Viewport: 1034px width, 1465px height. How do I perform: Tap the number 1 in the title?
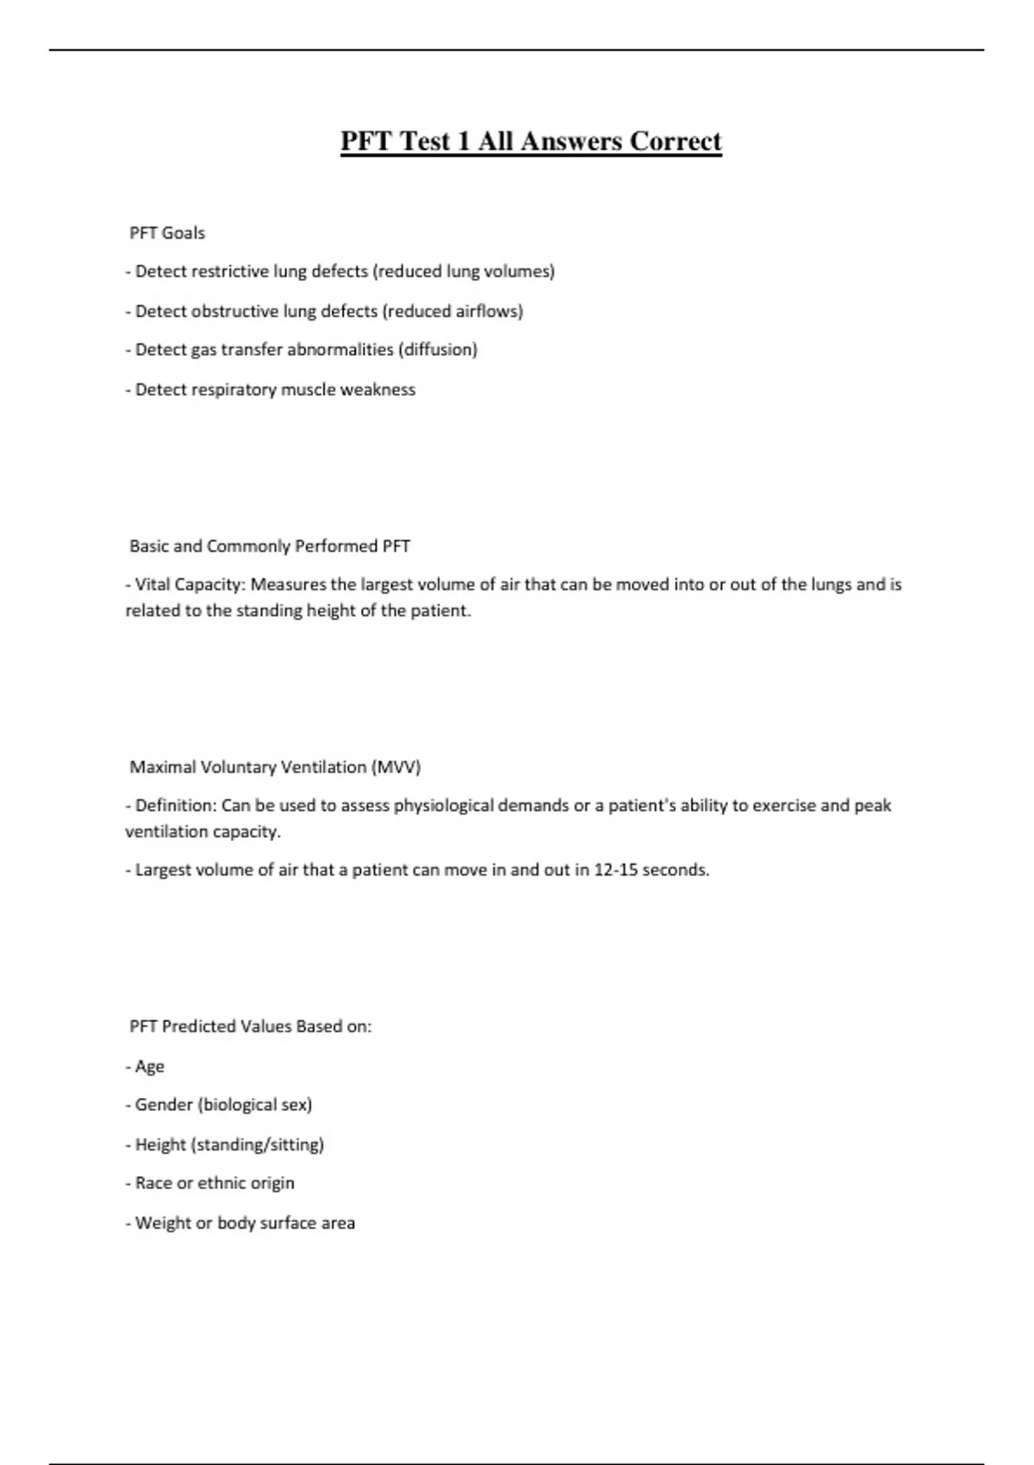(463, 140)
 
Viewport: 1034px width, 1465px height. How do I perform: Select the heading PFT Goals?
(167, 233)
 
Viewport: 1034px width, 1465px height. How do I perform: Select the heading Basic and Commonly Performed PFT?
(269, 546)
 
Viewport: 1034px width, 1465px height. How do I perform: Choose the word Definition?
(175, 806)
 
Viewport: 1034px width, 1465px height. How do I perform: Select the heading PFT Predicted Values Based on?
(250, 1026)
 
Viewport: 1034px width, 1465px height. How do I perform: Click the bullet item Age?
(149, 1067)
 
